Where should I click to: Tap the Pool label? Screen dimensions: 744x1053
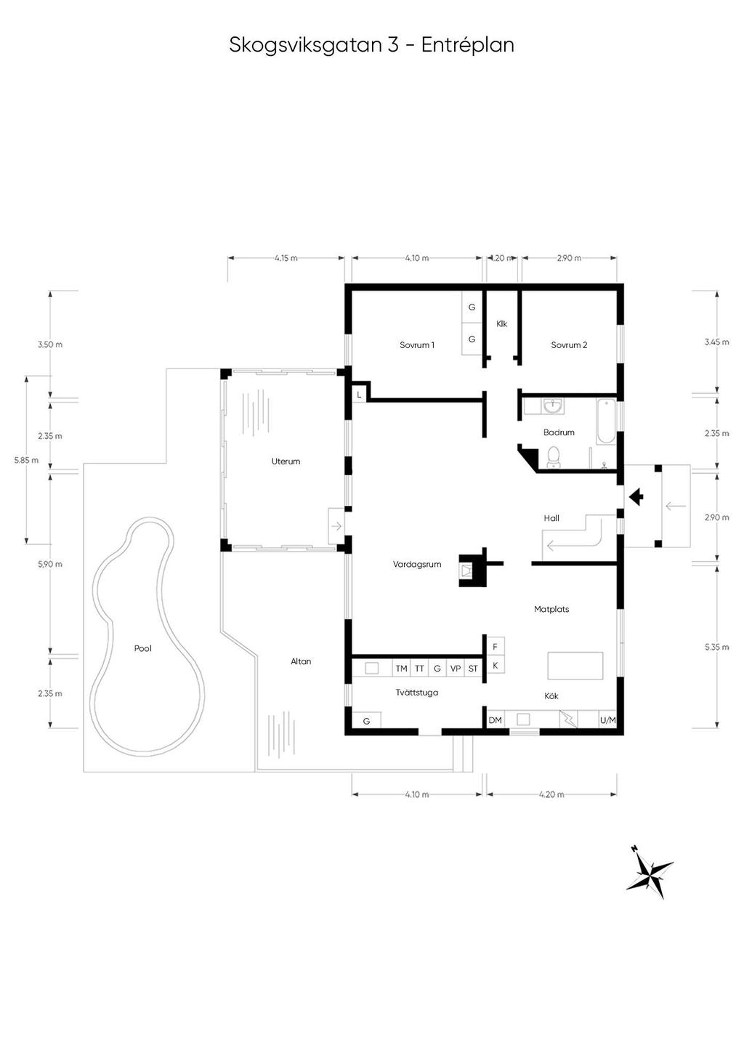(143, 648)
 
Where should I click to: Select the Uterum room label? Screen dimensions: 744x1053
(286, 461)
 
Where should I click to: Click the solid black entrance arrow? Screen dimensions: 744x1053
(636, 497)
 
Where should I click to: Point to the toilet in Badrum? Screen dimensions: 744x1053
(554, 457)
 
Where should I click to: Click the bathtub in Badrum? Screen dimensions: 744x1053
(606, 421)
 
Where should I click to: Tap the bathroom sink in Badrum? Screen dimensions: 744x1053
(553, 406)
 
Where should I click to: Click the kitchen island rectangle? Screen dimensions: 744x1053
(575, 665)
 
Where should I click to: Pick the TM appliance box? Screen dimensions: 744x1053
(401, 668)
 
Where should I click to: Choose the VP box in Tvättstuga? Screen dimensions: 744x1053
(455, 668)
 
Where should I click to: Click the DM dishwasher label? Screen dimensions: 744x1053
(495, 719)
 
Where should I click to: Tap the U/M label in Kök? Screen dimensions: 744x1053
(607, 719)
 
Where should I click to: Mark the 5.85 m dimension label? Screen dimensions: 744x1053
(26, 460)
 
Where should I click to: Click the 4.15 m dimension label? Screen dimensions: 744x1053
(286, 258)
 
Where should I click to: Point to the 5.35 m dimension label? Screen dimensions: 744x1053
(716, 647)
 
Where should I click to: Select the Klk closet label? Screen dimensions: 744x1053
(501, 324)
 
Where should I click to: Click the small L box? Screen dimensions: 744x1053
(359, 395)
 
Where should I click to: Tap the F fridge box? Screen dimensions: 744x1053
(495, 647)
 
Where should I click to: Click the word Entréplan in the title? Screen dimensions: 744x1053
(468, 46)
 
